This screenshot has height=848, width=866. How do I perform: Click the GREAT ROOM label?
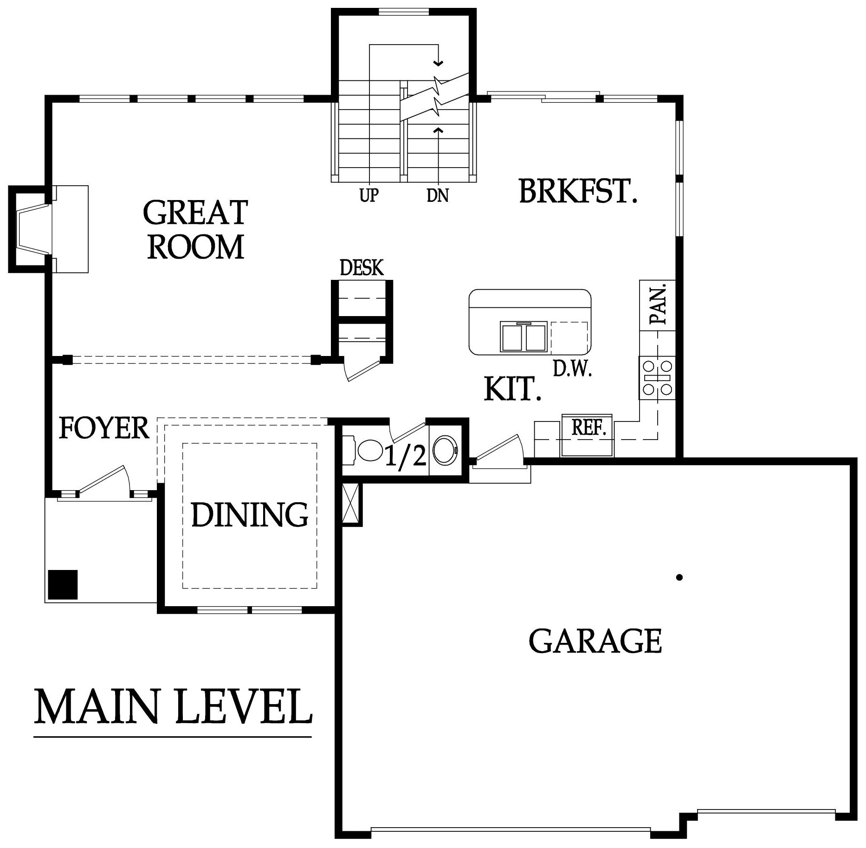[x=195, y=229]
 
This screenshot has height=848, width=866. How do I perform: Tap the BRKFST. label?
[x=577, y=191]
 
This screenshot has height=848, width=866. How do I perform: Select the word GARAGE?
[x=595, y=641]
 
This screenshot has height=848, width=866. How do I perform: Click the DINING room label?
[x=250, y=514]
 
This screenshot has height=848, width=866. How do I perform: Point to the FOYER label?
[x=104, y=428]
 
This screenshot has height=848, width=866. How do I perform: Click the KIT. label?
[x=512, y=389]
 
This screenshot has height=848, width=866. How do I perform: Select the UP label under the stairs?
[x=369, y=195]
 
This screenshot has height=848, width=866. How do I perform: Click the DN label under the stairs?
[x=438, y=195]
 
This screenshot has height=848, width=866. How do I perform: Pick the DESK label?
[x=362, y=268]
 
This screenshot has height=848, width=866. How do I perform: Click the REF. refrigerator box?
[x=588, y=434]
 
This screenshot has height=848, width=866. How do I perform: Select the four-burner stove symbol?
[x=657, y=377]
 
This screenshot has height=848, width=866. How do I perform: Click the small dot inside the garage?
[x=679, y=577]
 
